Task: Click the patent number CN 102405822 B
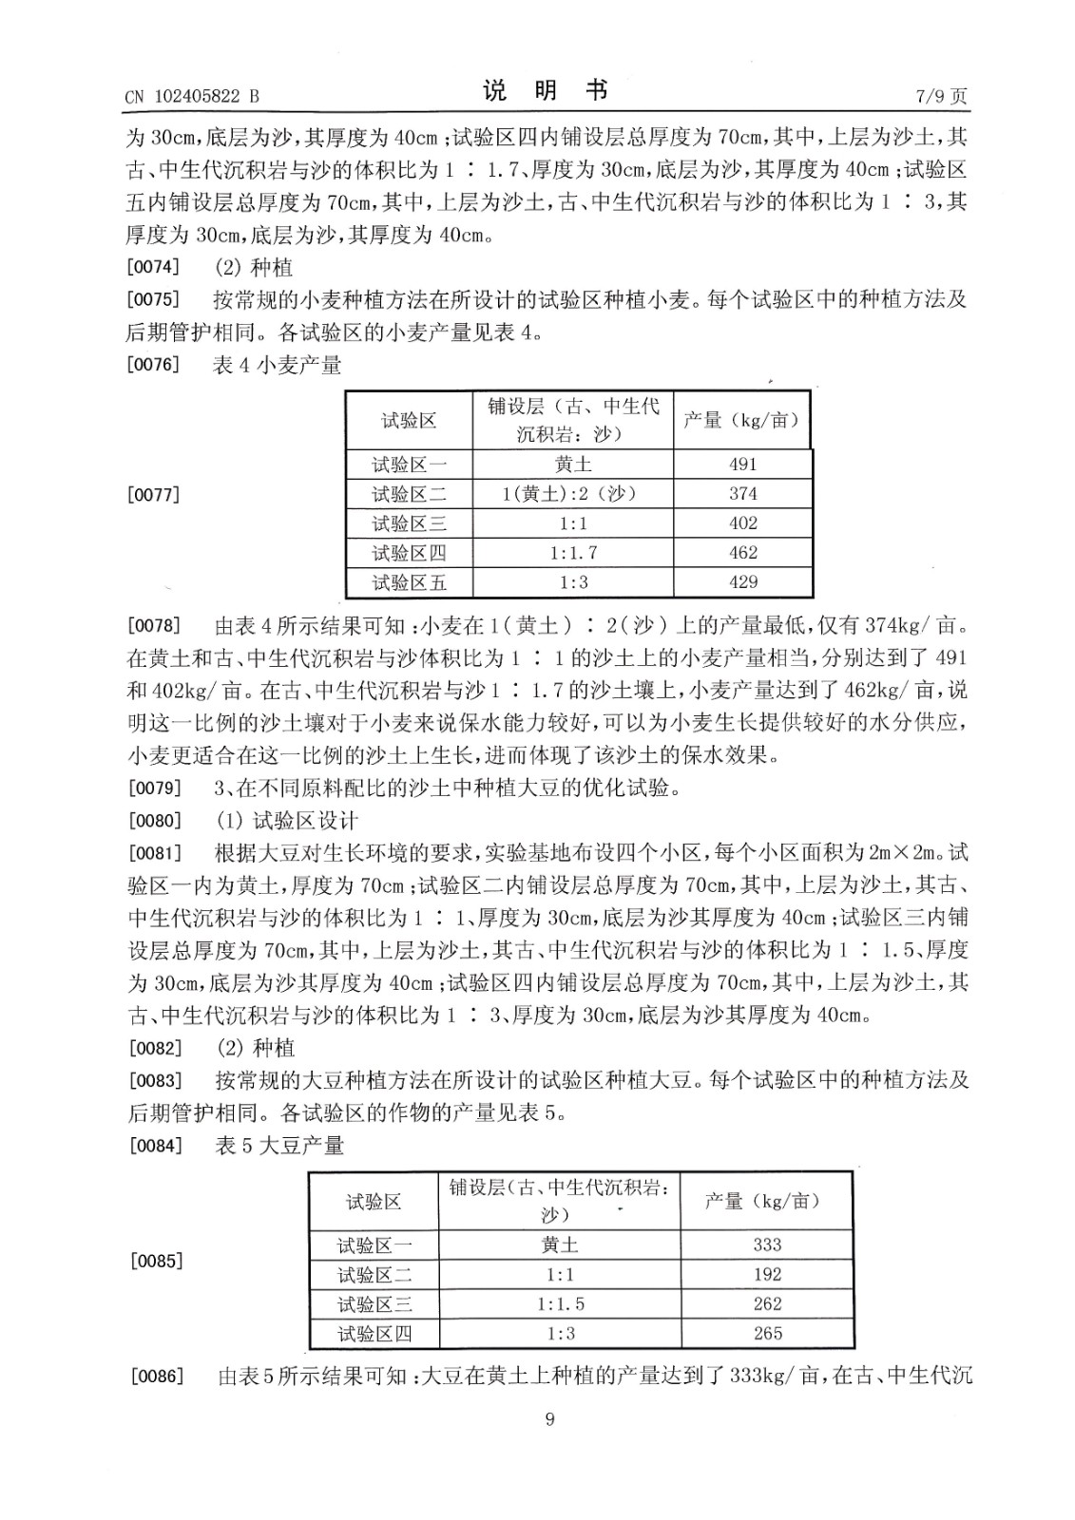click(x=192, y=96)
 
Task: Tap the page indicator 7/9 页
click(x=941, y=96)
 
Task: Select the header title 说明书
click(x=545, y=91)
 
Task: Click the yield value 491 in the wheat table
click(x=742, y=464)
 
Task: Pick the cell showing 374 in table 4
click(x=742, y=493)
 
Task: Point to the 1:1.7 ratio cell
click(x=573, y=552)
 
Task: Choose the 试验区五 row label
click(x=409, y=582)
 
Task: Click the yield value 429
click(x=742, y=581)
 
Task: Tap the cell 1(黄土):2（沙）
click(x=572, y=493)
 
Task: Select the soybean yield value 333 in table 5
click(x=767, y=1244)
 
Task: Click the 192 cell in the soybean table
click(x=767, y=1274)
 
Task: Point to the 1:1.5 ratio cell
click(x=561, y=1304)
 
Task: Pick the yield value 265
click(x=767, y=1333)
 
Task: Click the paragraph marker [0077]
click(x=153, y=494)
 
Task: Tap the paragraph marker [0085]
click(x=153, y=1262)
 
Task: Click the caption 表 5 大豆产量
click(x=279, y=1146)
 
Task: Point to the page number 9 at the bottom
click(x=548, y=1419)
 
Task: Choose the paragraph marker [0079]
click(x=153, y=788)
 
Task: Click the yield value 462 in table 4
click(x=742, y=552)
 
